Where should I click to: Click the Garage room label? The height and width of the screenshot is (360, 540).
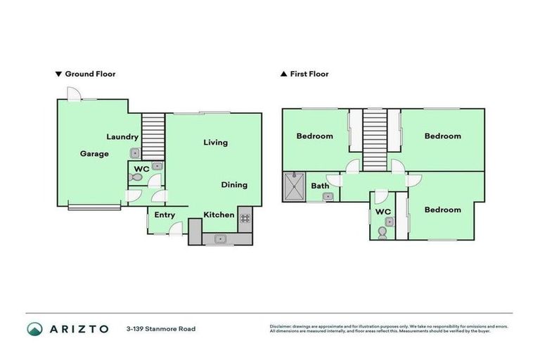(x=94, y=153)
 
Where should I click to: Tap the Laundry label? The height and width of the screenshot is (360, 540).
(x=122, y=136)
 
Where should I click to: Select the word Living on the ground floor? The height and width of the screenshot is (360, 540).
(x=215, y=143)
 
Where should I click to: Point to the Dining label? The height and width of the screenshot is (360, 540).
(x=234, y=185)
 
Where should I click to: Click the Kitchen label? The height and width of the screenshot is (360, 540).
(x=219, y=214)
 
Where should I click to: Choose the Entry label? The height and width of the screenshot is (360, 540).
(x=165, y=215)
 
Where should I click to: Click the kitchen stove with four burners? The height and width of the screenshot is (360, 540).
(x=245, y=218)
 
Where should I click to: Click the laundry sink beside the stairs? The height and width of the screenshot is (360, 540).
(x=134, y=153)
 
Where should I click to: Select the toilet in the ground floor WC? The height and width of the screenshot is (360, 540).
(x=136, y=178)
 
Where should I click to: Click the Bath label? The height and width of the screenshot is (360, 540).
(x=320, y=186)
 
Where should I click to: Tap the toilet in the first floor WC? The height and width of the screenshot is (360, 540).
(x=382, y=231)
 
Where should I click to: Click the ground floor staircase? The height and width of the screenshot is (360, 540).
(x=152, y=136)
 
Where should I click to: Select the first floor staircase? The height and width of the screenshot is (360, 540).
(x=374, y=139)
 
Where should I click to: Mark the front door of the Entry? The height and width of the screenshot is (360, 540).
(x=176, y=228)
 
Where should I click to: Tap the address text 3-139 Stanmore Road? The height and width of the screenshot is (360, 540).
(x=160, y=328)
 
